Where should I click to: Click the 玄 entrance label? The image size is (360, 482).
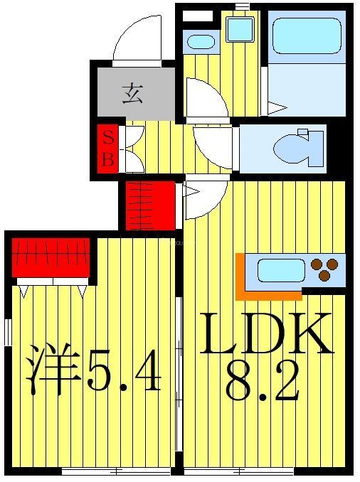132,93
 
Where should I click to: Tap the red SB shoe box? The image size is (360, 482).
108,149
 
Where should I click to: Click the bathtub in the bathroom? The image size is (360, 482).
307,36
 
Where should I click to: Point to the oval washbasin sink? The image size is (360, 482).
201,42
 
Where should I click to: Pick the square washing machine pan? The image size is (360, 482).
240,30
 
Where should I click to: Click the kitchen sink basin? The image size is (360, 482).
280,270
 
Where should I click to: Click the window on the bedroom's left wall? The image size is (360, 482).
7,332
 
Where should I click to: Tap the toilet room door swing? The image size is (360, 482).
213,147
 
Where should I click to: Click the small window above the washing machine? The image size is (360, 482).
243,6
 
